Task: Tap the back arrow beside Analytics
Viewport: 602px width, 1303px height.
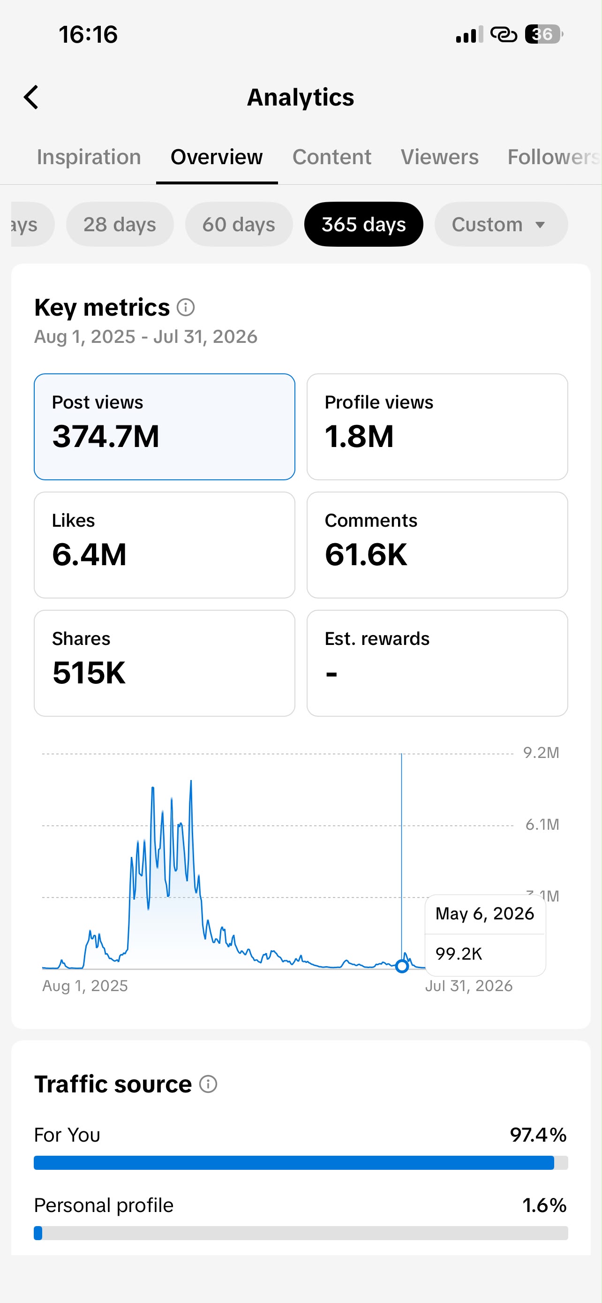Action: [31, 97]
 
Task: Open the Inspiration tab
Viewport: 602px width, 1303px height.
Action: [89, 157]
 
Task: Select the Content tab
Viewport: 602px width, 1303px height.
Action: [331, 157]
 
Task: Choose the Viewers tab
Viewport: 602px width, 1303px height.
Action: [439, 157]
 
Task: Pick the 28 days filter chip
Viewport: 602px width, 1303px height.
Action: [120, 224]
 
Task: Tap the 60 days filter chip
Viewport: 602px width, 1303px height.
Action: [239, 224]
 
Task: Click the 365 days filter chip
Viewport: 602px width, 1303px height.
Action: [363, 224]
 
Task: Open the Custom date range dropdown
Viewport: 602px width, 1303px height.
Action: [501, 224]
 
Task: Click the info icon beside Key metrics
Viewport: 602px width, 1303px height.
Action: [186, 307]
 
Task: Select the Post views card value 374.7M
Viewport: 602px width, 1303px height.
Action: [105, 436]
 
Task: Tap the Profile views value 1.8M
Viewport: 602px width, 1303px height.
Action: [359, 436]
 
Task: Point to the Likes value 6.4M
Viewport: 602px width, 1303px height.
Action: [89, 554]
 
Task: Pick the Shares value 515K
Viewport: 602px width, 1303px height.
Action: [89, 673]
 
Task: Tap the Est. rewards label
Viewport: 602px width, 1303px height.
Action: [376, 638]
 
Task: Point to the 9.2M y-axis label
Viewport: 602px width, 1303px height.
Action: [541, 753]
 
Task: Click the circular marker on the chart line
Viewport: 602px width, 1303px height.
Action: [402, 967]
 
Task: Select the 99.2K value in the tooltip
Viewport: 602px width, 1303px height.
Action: [459, 954]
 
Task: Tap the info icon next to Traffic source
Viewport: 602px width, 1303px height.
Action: [208, 1084]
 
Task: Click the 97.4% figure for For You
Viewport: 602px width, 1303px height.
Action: [538, 1135]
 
